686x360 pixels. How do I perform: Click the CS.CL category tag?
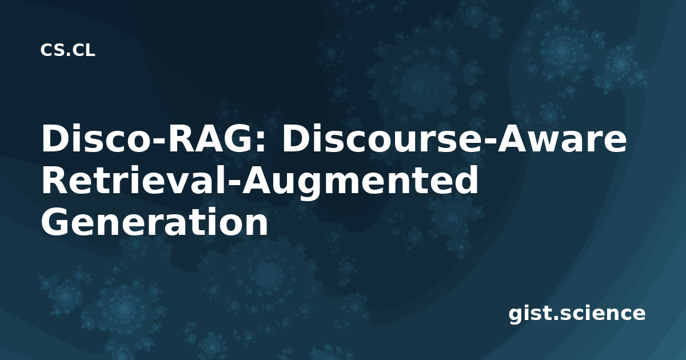point(67,50)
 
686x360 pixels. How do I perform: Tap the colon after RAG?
point(262,142)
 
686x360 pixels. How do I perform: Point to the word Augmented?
point(360,182)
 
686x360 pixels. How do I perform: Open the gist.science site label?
point(577,314)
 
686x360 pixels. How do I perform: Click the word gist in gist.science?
point(530,314)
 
